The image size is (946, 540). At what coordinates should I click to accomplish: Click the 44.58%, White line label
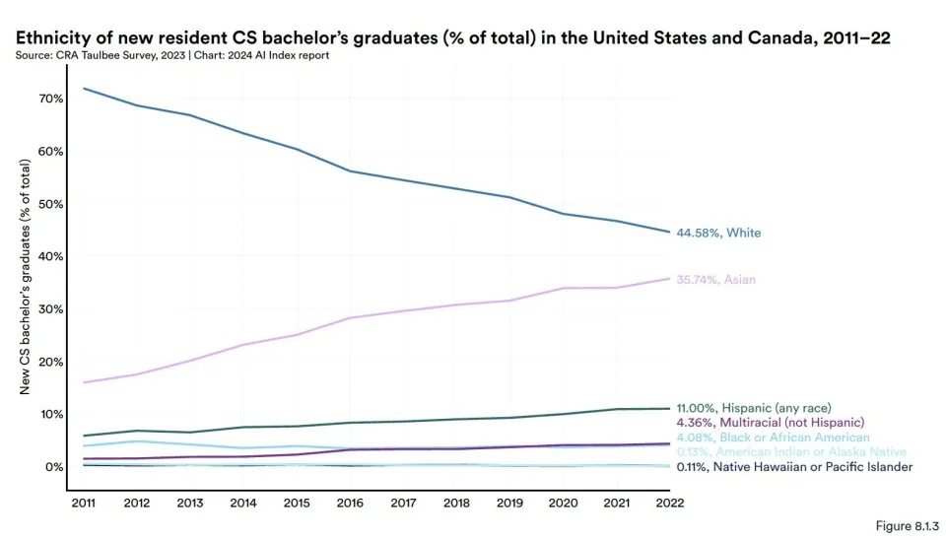coord(718,233)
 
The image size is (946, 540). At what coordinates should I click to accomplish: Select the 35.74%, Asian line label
coord(715,279)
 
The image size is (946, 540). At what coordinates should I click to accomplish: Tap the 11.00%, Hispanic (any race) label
coord(754,408)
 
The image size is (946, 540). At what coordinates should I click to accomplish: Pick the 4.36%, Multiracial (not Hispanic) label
coord(770,423)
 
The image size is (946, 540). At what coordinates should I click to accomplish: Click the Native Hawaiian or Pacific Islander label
coord(813,467)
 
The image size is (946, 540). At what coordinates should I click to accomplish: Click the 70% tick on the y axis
coord(51,99)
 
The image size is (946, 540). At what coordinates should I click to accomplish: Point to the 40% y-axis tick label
coord(51,256)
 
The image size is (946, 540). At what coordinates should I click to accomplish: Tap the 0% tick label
coord(54,467)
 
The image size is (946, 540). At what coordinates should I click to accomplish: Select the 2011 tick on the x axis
coord(83,503)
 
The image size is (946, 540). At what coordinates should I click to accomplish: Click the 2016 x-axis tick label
coord(350,503)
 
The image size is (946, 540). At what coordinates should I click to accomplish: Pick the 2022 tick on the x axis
coord(670,503)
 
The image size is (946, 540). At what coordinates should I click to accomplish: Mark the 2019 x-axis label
coord(509,503)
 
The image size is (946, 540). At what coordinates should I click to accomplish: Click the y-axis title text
coord(25,277)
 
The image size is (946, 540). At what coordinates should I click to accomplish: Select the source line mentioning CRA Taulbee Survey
coord(172,55)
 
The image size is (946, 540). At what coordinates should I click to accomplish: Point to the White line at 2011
coord(83,89)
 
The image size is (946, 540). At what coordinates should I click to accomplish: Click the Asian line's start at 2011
coord(83,382)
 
